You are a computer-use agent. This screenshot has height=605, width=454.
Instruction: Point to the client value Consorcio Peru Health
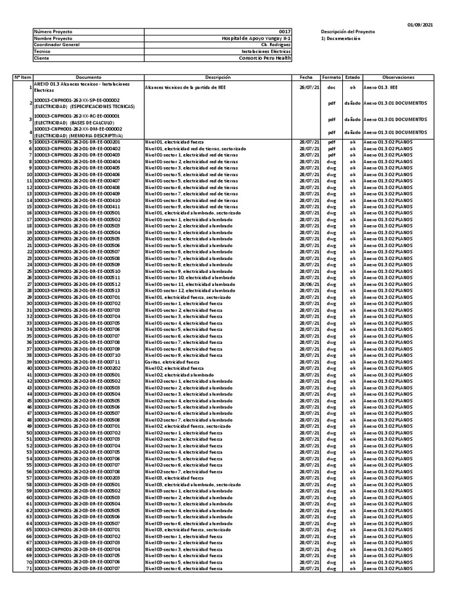click(x=265, y=58)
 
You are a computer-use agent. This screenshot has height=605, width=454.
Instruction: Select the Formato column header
click(x=331, y=77)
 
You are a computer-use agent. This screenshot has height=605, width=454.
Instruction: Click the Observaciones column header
click(x=398, y=77)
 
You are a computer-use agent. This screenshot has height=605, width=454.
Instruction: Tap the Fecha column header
click(x=306, y=77)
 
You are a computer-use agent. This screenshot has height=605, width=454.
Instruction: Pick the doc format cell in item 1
click(x=331, y=87)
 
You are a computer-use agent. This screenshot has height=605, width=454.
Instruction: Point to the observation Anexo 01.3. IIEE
click(x=381, y=87)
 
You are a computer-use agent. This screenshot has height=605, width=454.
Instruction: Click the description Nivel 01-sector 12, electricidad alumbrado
click(x=189, y=291)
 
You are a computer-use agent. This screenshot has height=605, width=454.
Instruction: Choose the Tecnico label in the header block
click(x=43, y=51)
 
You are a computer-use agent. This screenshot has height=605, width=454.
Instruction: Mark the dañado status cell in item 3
click(x=352, y=119)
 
